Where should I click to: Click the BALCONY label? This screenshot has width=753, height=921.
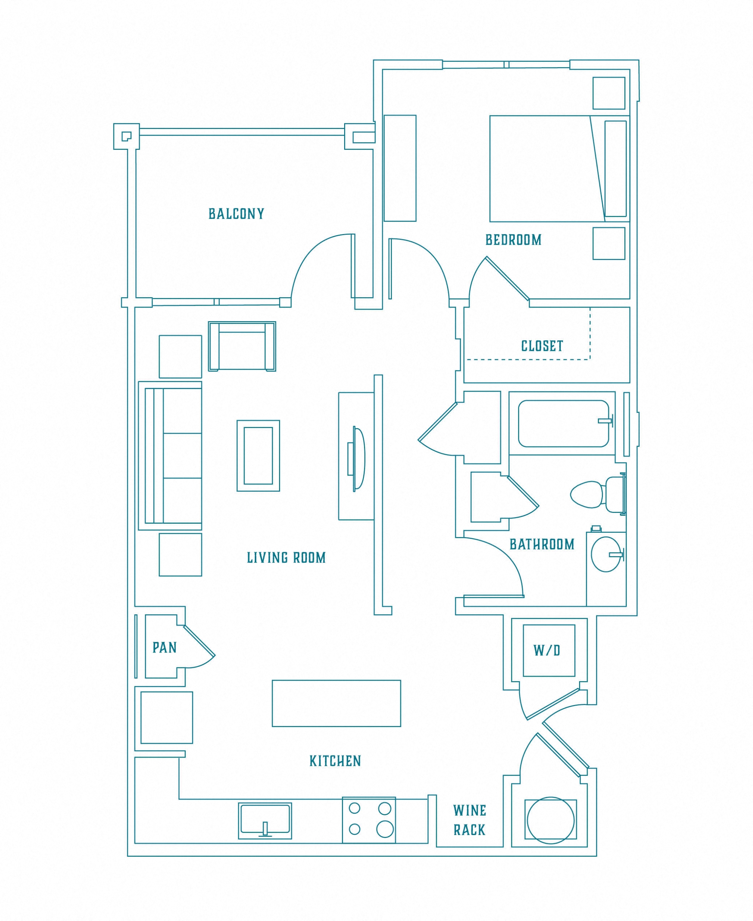click(236, 214)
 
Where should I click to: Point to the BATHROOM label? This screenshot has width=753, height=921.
click(541, 544)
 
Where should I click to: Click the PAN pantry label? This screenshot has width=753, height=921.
click(164, 648)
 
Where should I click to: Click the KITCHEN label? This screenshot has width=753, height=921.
click(335, 761)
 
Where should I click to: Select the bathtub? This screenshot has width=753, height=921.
click(563, 424)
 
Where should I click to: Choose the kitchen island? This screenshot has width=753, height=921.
click(336, 703)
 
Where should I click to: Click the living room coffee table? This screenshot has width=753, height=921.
click(258, 456)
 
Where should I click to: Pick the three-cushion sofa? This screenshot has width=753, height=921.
click(174, 456)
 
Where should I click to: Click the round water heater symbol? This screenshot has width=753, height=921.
click(550, 820)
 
